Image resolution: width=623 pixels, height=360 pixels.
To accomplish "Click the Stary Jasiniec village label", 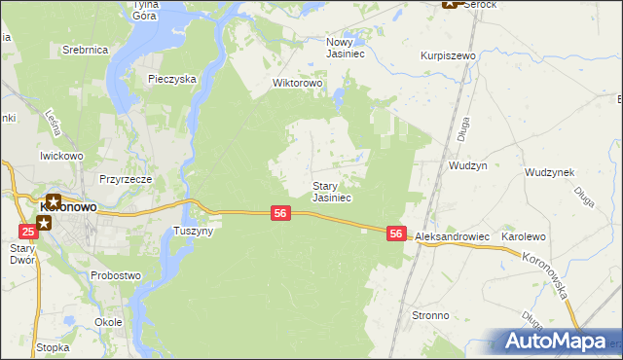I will point(331,191).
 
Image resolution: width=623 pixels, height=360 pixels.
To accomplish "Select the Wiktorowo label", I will point(297,83).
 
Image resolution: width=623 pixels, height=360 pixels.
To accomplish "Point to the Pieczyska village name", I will point(172,79).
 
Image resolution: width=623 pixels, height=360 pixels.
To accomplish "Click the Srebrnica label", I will point(84,49).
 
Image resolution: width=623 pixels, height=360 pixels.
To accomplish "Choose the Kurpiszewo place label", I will point(447,56).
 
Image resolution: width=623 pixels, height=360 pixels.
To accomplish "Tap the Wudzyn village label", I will point(467,165).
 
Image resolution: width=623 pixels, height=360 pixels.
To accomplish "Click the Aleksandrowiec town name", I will point(452,236).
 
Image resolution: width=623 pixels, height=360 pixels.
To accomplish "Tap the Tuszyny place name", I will point(193,231).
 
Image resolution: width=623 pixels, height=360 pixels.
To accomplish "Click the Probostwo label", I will point(116,275).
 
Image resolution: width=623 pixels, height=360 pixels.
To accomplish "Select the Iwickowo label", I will point(61,155).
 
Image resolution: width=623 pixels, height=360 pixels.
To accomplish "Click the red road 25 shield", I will point(27,231).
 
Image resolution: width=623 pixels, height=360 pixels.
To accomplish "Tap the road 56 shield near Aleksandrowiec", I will point(395,234).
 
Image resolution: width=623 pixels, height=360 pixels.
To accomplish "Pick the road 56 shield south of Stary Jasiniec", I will point(279,213).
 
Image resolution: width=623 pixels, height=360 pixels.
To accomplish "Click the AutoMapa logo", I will point(550,342).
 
